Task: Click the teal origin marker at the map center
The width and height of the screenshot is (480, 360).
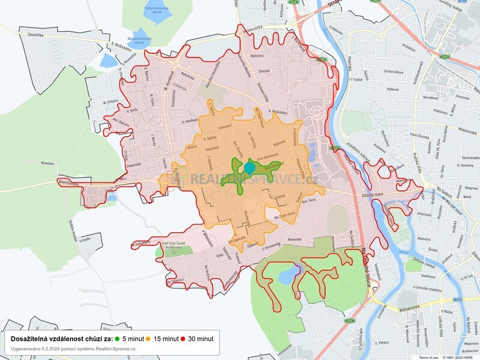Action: coord(250,167)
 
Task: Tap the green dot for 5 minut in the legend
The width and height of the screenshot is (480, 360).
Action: coord(118,338)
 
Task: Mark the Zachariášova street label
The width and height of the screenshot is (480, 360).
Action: coord(398,71)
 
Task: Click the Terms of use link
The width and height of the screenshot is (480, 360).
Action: coord(429,357)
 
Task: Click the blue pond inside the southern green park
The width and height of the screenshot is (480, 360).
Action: coord(287,275)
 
